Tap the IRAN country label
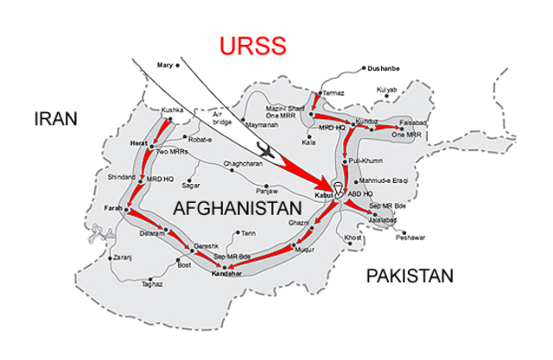click(56, 118)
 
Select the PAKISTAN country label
click(409, 277)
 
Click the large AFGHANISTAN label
click(237, 208)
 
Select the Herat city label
click(140, 142)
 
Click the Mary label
click(165, 65)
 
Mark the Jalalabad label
click(381, 220)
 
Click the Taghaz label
click(152, 283)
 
